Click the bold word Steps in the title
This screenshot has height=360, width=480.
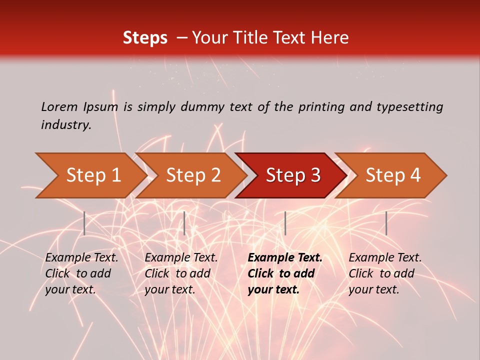(x=145, y=38)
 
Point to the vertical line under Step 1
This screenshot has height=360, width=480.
(x=84, y=223)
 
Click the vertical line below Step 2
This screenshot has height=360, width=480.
(x=184, y=223)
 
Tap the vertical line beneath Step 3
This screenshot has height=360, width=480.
(x=285, y=223)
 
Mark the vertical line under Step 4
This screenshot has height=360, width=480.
(x=386, y=223)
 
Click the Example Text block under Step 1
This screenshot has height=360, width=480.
(x=81, y=273)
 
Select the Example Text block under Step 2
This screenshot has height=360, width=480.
(x=181, y=273)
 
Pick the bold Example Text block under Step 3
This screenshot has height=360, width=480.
(x=285, y=273)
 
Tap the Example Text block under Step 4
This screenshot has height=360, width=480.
(x=385, y=273)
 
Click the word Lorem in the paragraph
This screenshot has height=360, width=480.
(x=59, y=107)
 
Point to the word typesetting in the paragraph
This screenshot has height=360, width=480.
(x=409, y=107)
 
